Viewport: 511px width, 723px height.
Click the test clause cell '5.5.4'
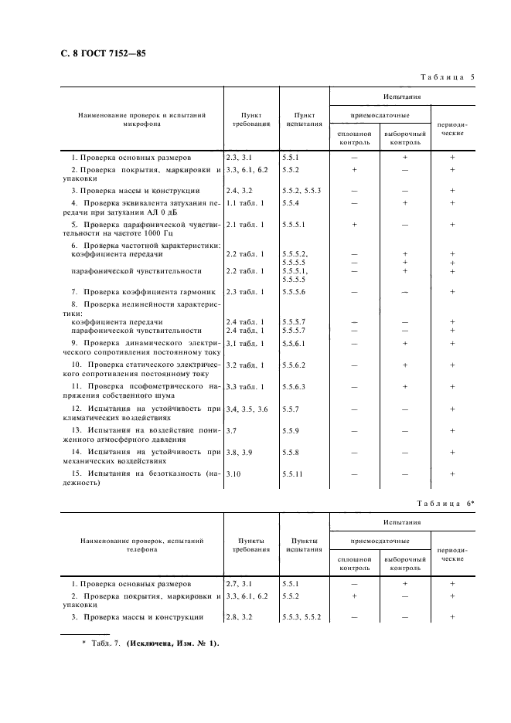tap(291, 203)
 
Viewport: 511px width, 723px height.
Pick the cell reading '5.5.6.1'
tap(295, 343)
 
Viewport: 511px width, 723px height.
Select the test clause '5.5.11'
tap(293, 473)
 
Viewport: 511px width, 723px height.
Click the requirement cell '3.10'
tap(233, 473)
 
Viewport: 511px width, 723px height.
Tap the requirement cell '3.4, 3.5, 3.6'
tap(247, 408)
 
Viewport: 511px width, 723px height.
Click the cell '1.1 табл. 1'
tap(245, 203)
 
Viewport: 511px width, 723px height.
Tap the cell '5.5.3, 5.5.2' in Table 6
tap(301, 617)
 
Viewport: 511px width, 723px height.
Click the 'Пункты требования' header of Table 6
tap(250, 545)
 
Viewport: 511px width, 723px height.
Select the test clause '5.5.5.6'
tap(295, 291)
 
